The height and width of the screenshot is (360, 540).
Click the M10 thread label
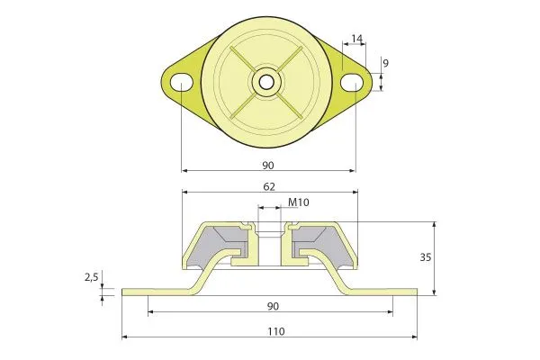coord(298,202)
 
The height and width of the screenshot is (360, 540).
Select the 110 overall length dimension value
coord(276,331)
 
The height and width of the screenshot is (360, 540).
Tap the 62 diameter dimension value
coord(269,186)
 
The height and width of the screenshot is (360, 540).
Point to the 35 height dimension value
coord(426,257)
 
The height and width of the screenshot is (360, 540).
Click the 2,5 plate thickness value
coord(92,276)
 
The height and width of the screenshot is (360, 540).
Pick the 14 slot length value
coord(357,39)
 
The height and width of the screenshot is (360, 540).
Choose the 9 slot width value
coord(385,63)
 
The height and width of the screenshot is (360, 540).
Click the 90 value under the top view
coord(268,166)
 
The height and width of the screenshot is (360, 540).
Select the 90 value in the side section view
coord(273,306)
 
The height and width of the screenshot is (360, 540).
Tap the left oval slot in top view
coord(182,82)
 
